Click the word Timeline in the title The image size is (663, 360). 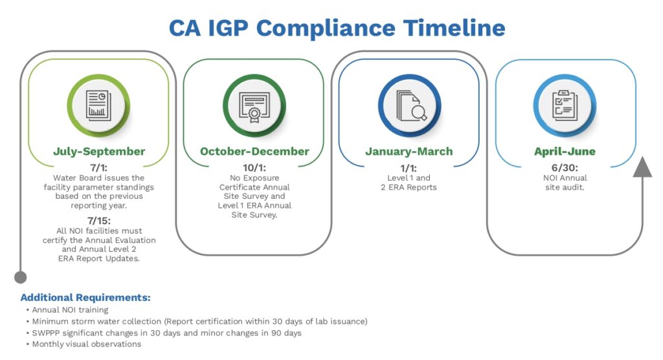pos(454,28)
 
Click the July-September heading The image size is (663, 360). pos(99,152)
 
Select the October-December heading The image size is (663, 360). pos(254,152)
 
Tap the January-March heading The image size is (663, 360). pos(409,152)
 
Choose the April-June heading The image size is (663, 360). pos(565,152)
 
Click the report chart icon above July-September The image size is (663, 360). pos(99,105)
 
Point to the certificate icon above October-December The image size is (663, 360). pos(254,105)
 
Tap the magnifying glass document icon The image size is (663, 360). pos(409,105)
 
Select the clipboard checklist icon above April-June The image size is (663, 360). pos(565,105)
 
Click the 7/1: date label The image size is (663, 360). pos(99,168)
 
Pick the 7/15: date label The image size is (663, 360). pos(99,221)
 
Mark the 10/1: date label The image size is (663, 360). pos(254,168)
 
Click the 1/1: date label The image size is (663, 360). pos(409,168)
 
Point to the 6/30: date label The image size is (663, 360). pos(565,168)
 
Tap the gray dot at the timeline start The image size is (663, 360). pos(21,277)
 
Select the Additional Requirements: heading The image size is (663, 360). pos(85,298)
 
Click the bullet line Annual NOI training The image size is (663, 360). pos(67,310)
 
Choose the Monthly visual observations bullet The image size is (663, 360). pos(86,344)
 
